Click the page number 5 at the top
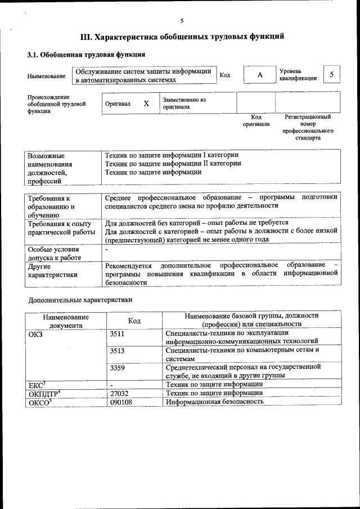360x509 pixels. click(182, 21)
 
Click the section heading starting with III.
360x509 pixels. click(182, 37)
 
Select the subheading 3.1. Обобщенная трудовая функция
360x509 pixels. click(87, 55)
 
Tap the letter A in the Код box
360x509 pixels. click(259, 75)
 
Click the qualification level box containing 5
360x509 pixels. click(332, 75)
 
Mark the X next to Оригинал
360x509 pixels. click(146, 103)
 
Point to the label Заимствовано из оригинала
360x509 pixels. click(184, 103)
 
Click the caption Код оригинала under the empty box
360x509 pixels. click(256, 120)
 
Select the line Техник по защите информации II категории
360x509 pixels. click(173, 164)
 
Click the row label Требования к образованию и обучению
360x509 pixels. click(52, 206)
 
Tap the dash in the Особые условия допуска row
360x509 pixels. click(106, 249)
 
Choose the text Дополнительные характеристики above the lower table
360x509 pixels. click(80, 300)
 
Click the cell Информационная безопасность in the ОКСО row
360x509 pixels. click(215, 402)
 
